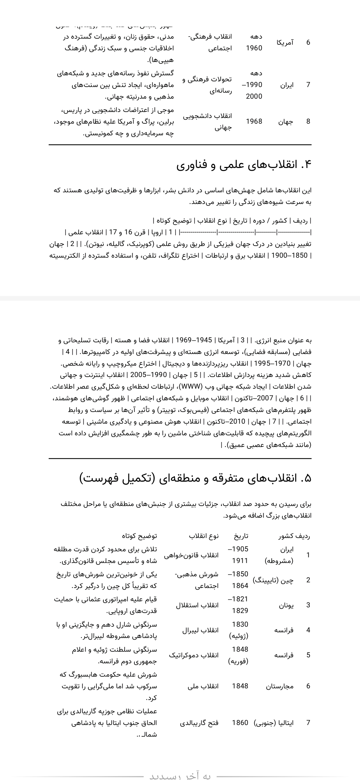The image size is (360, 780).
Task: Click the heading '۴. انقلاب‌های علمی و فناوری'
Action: click(x=244, y=165)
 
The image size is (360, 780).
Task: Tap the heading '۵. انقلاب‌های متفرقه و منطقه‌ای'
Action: click(x=195, y=478)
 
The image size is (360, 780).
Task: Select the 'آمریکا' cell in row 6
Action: click(x=285, y=42)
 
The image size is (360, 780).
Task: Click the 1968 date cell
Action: click(x=254, y=121)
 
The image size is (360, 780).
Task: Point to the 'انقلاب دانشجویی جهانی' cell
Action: click(x=207, y=121)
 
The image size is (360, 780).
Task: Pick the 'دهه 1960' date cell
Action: click(x=254, y=42)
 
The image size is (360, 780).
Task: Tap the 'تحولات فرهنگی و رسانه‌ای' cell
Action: click(x=207, y=85)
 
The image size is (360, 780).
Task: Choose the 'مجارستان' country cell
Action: click(x=280, y=686)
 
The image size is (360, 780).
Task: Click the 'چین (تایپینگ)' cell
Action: click(x=273, y=580)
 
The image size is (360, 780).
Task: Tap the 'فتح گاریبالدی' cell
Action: click(x=199, y=722)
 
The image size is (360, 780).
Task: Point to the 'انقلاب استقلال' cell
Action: click(x=197, y=605)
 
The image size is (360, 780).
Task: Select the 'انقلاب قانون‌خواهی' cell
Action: click(x=191, y=555)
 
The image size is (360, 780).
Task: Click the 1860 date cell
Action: click(x=240, y=722)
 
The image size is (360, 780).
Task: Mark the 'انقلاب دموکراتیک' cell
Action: click(x=194, y=655)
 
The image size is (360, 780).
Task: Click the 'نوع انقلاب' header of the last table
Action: click(x=204, y=536)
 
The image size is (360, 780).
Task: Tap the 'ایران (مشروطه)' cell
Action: click(x=279, y=555)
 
